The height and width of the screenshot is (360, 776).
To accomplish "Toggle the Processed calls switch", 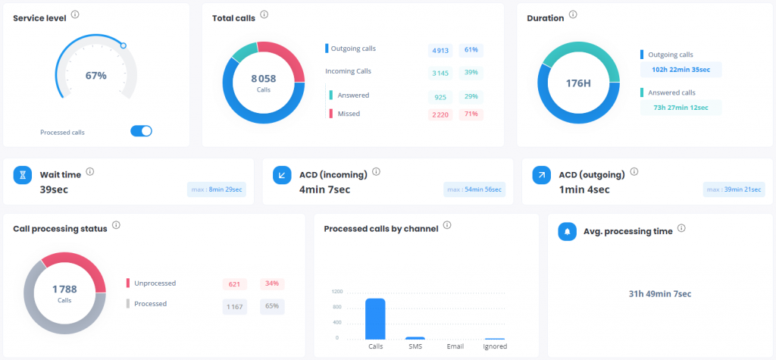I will point(141,131).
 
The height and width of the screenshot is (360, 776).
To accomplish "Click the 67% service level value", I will point(95,76).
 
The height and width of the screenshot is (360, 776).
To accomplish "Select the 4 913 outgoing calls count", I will point(440,50).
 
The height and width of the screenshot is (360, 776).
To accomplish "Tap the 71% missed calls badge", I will point(471,114).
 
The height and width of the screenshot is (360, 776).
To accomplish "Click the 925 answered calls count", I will point(440,97).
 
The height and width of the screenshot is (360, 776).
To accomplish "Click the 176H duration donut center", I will point(578,83).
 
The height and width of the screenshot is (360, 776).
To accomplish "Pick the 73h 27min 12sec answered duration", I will point(680,108).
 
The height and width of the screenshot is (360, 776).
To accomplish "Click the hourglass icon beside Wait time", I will point(23,176).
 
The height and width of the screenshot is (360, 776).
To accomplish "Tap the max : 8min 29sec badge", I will point(217,189).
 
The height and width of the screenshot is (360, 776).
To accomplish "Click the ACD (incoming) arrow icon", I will point(283,176).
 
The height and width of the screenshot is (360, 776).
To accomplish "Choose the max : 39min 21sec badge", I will point(733,189).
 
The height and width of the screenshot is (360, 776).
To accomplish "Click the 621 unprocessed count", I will point(234,284).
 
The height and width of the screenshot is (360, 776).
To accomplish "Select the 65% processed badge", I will point(271,307).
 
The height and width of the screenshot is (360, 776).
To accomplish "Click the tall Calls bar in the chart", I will point(375,318).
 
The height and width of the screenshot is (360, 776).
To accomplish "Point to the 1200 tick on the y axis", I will point(338,292).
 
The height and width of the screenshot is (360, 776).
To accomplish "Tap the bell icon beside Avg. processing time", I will point(568,231).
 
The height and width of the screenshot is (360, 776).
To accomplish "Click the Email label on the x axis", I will point(455,346).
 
